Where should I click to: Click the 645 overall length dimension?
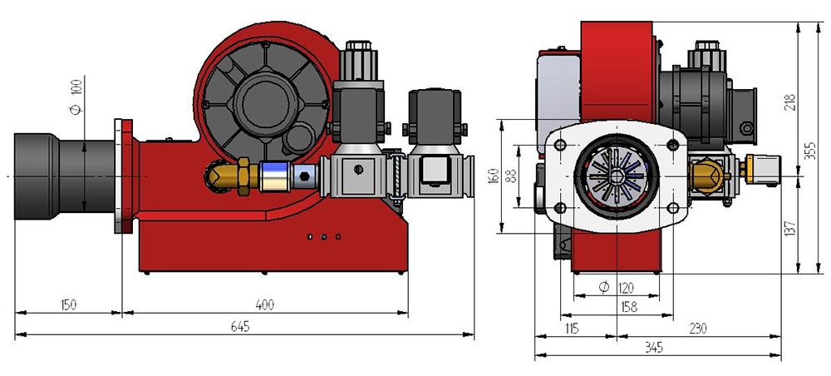239,327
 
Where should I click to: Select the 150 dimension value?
68,305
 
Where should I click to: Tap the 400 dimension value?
265,305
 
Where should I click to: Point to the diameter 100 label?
76,96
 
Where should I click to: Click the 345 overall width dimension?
653,348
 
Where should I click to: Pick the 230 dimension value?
697,329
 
